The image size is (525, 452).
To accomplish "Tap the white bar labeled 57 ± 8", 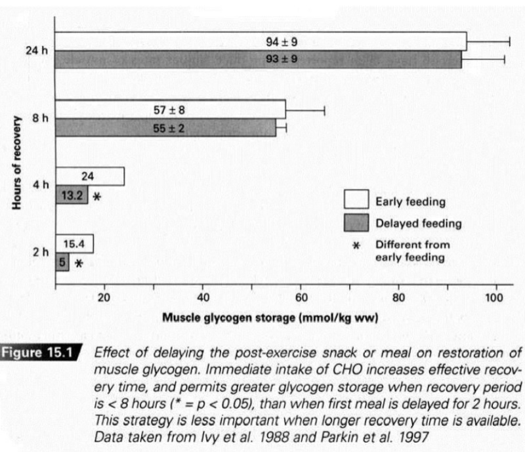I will pos(171,109).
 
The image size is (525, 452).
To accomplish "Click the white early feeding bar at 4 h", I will pos(90,176).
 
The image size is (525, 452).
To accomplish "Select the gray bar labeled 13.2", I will pos(72,195).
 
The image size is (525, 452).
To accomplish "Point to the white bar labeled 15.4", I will pos(75,244).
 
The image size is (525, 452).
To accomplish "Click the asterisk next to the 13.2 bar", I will pos(97,196).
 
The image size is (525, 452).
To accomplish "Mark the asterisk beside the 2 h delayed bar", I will pos(79,264).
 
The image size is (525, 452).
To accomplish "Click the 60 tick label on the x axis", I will pos(301,297).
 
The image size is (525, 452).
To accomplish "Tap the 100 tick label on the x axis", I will pos(493,297).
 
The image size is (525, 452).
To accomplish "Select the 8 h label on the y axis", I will pos(41,118).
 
